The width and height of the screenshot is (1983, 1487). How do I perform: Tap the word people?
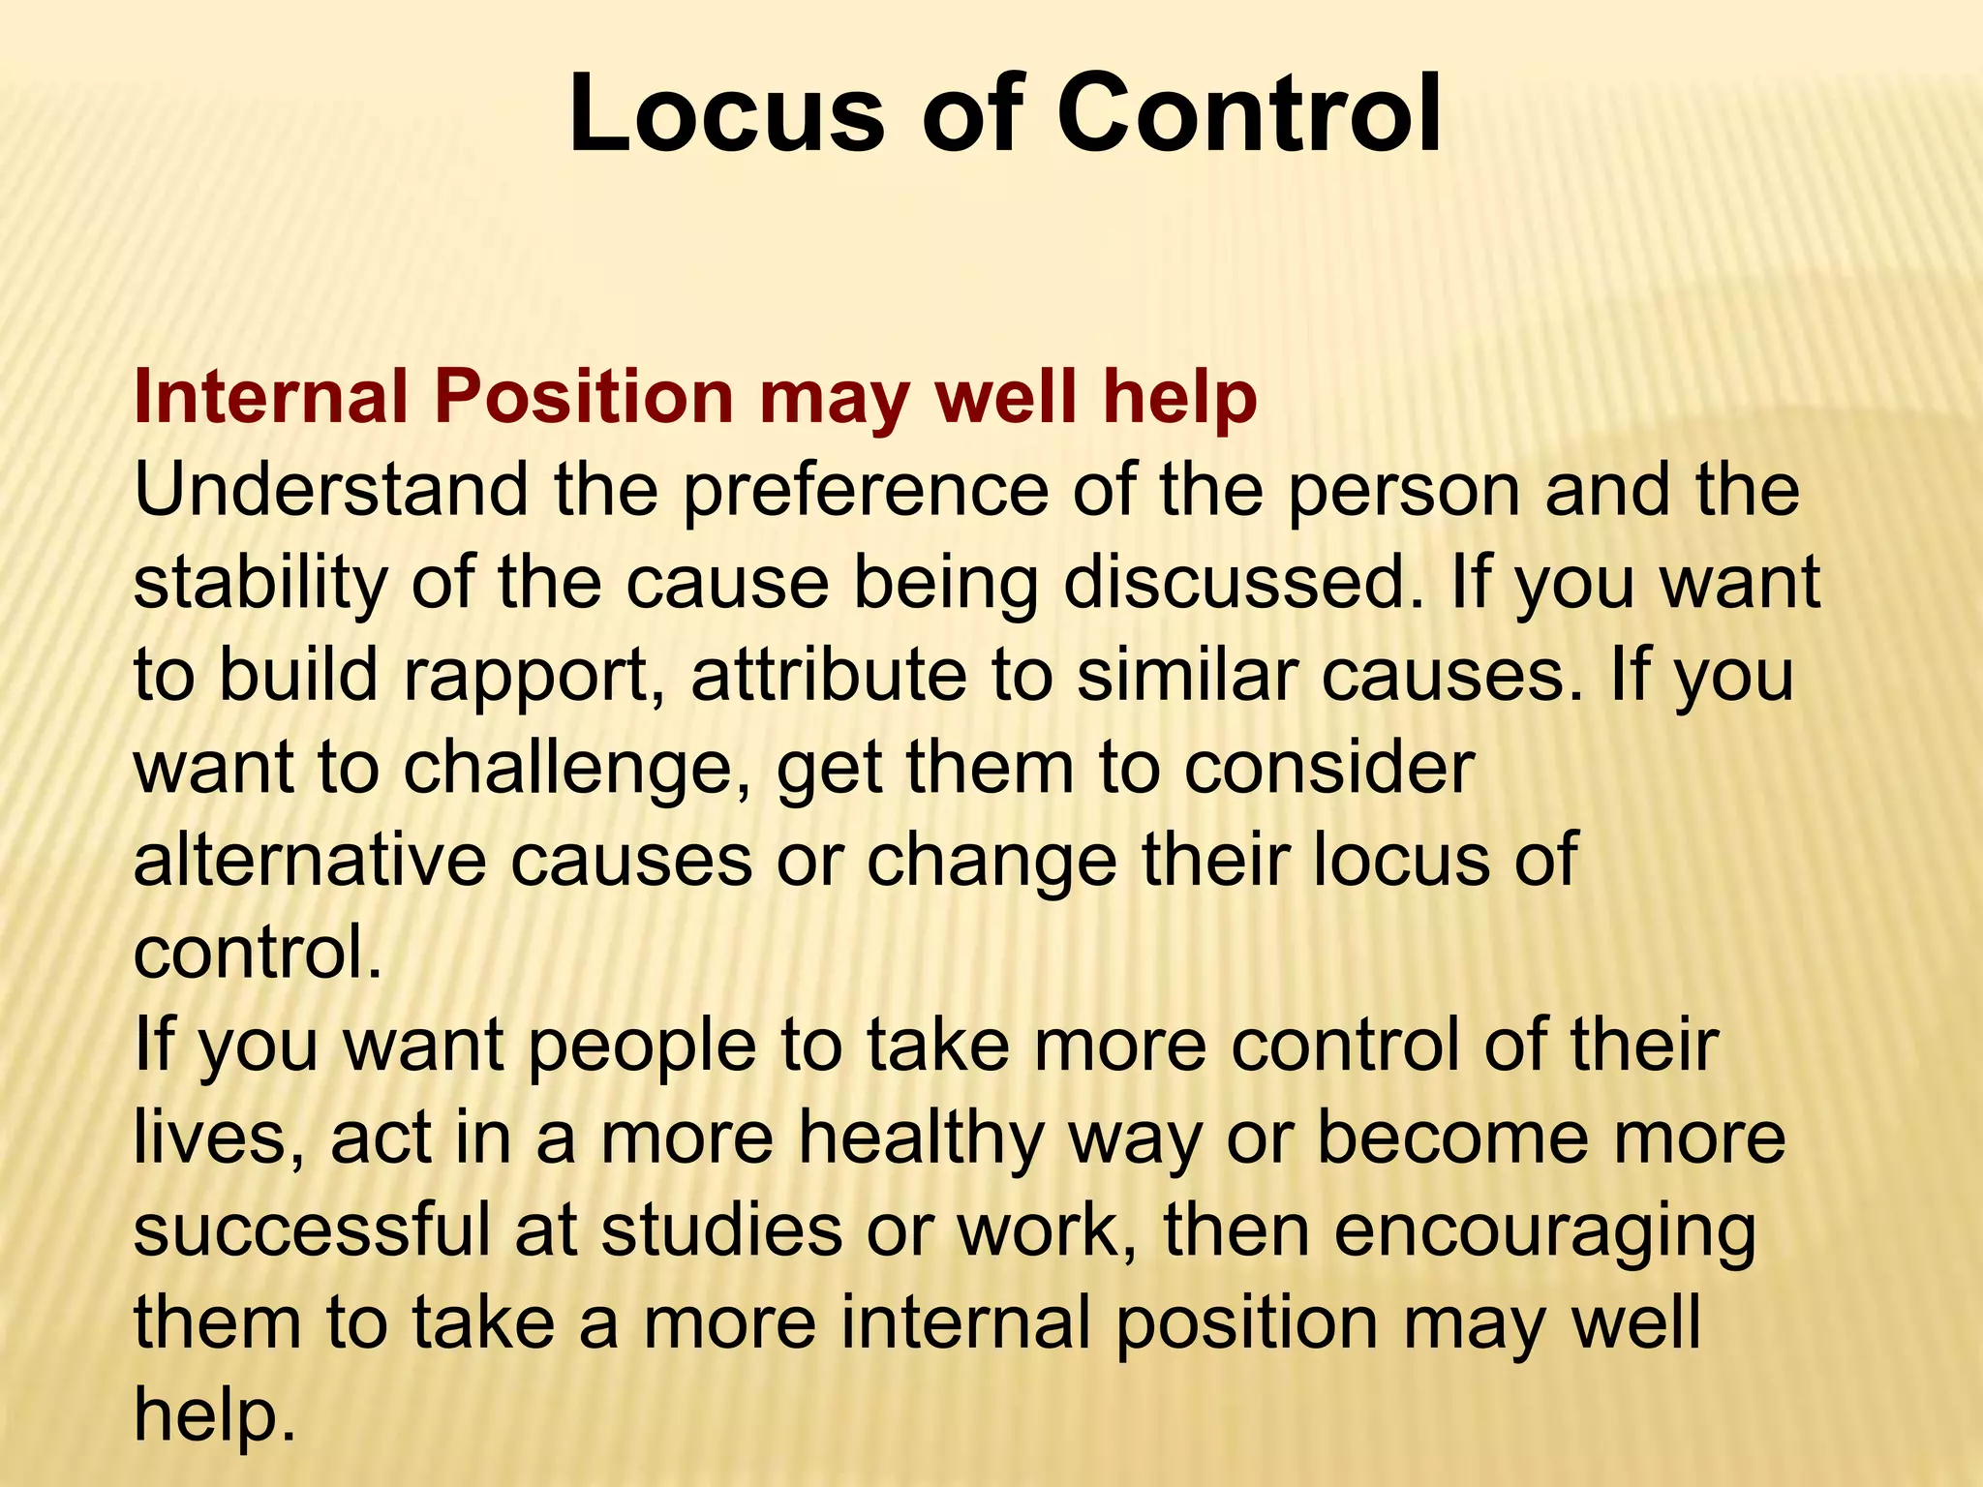point(641,1046)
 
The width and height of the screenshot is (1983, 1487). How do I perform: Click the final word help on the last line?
point(213,1414)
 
